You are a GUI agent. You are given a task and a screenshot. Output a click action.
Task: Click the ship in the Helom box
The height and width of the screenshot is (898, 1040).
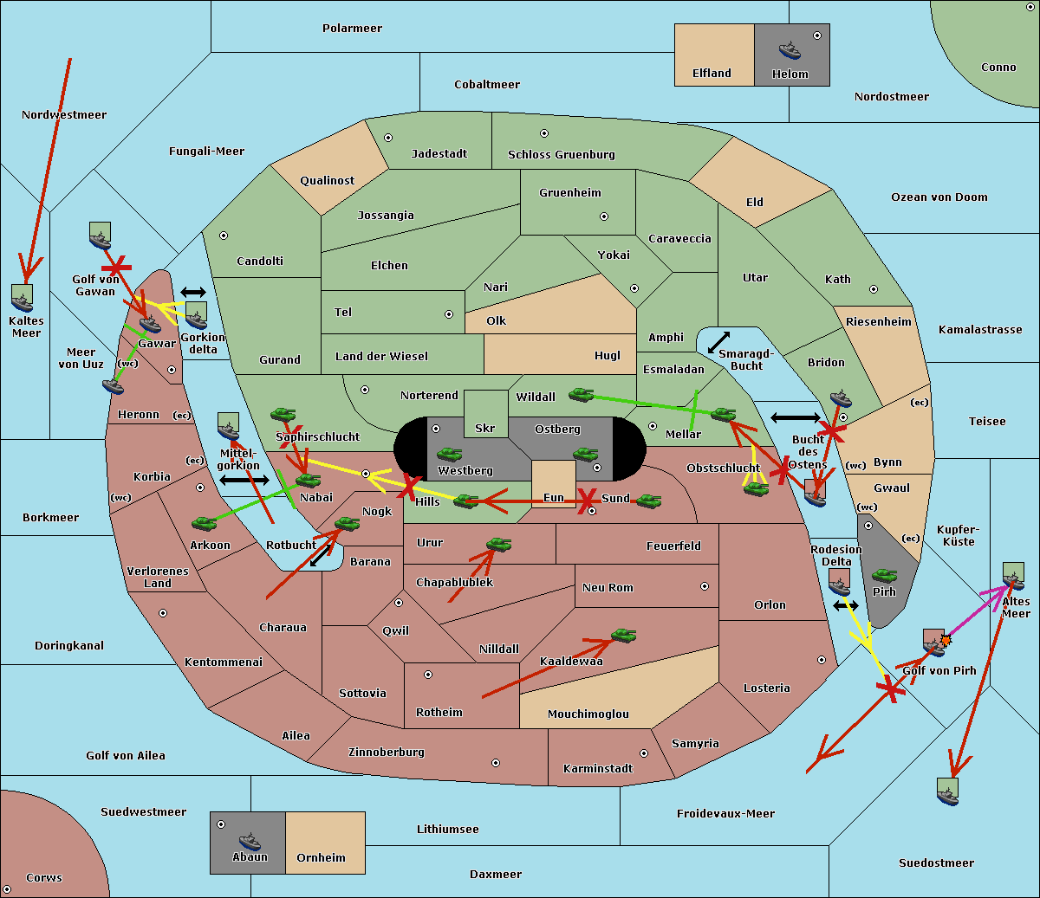(790, 50)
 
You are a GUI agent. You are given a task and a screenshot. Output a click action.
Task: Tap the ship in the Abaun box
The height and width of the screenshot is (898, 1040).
(250, 841)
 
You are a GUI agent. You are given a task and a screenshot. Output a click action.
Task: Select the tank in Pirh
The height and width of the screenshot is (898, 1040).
(884, 575)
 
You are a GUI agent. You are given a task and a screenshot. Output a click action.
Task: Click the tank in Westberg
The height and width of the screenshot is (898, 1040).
(449, 455)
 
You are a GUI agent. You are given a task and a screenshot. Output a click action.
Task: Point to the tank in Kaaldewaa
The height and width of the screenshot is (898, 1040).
(623, 636)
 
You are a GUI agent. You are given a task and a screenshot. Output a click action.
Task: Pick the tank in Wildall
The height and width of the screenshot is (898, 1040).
(582, 395)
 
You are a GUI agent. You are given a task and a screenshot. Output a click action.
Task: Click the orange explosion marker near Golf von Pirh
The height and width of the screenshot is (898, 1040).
(946, 640)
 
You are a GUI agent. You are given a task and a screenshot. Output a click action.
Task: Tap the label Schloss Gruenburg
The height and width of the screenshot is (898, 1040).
(561, 154)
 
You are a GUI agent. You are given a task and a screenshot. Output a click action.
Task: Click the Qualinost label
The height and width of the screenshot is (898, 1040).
(327, 180)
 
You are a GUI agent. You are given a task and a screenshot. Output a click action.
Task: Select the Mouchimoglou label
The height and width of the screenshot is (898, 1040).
(588, 714)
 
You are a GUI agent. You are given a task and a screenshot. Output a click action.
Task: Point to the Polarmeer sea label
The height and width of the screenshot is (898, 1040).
(352, 29)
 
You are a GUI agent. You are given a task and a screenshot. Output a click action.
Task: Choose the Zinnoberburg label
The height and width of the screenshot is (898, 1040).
(387, 753)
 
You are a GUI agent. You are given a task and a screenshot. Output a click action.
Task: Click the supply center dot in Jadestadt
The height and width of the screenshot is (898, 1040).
(388, 138)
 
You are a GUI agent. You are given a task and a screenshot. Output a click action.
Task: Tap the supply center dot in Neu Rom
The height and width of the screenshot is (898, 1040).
(705, 586)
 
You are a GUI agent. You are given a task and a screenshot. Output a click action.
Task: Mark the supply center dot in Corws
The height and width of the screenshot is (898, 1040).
(7, 889)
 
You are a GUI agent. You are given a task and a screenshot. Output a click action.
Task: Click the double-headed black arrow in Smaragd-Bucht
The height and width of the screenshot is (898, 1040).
(718, 342)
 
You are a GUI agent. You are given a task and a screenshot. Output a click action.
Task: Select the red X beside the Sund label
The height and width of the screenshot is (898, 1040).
(587, 501)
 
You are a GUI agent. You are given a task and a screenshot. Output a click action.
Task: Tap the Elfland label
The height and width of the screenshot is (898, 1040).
(712, 74)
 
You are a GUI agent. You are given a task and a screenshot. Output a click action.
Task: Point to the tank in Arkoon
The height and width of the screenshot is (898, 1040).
(205, 523)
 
